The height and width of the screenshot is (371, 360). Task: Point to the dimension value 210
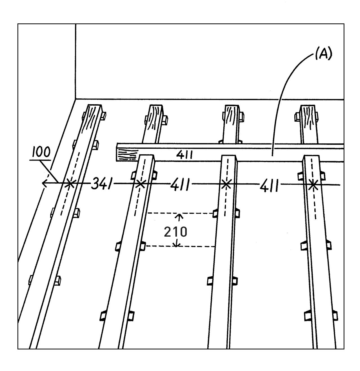175,232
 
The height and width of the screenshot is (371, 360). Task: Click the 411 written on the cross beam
185,154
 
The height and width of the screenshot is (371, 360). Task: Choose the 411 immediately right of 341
180,185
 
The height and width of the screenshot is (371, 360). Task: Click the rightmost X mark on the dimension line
313,185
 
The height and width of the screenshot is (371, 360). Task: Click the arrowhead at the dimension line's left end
44,184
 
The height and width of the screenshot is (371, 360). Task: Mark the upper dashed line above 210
180,213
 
